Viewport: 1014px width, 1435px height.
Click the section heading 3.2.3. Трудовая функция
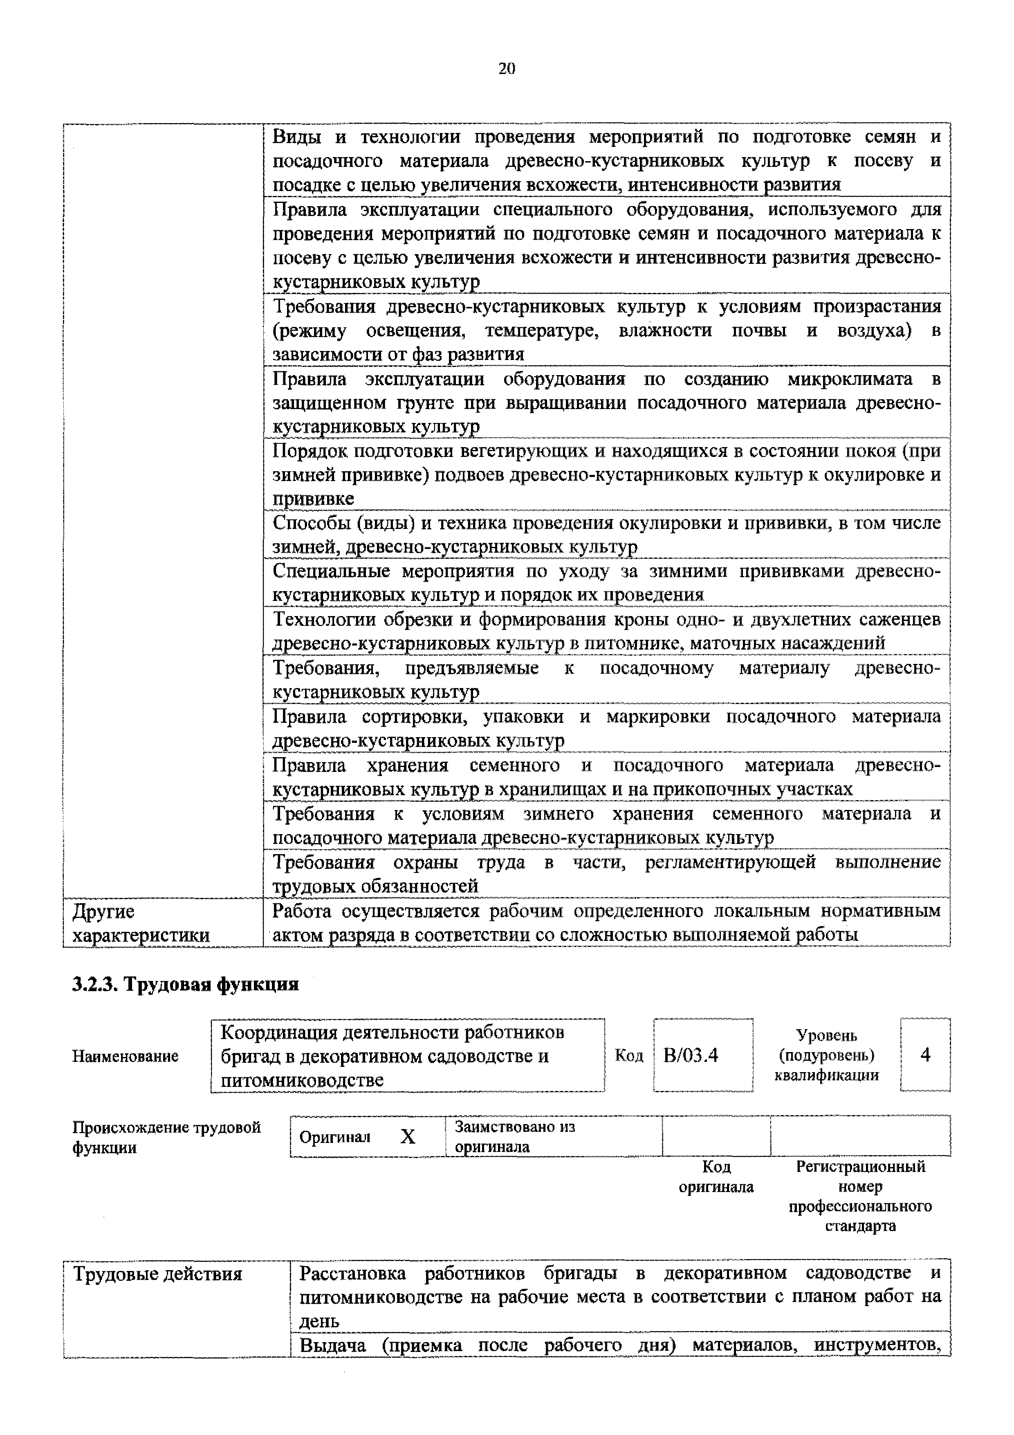coord(186,984)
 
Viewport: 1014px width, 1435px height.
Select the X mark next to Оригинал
coord(407,1137)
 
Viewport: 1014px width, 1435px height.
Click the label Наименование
coord(126,1056)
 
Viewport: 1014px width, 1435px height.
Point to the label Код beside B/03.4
coord(629,1056)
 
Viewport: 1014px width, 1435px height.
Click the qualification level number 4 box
coord(925,1055)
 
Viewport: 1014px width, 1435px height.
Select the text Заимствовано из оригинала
coord(514,1137)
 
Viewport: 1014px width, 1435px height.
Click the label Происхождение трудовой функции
coord(166,1138)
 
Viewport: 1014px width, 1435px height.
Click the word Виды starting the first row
coord(296,136)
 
